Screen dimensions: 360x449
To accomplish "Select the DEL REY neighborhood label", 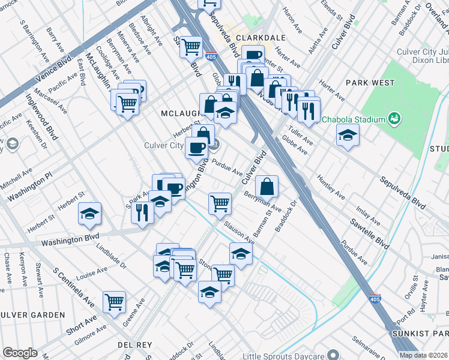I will point(134,345).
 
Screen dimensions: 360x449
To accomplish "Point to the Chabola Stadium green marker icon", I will point(394,118).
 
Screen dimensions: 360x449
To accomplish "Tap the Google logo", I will point(20,352).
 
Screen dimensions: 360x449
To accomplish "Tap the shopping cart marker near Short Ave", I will point(114,302).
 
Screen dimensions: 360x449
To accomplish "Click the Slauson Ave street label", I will point(238,235).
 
